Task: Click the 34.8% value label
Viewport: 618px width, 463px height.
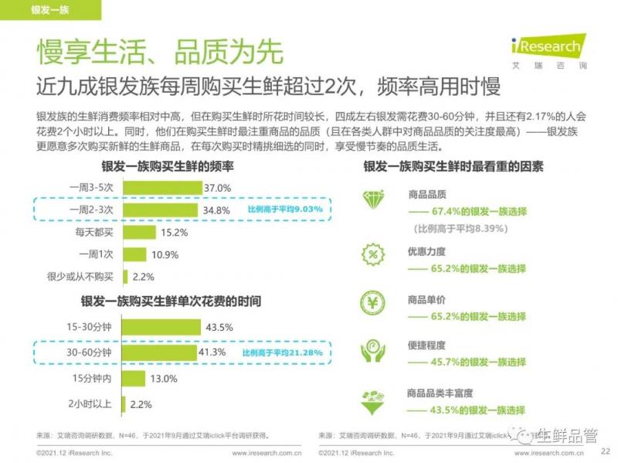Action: click(x=218, y=209)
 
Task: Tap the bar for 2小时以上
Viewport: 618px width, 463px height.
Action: click(x=128, y=403)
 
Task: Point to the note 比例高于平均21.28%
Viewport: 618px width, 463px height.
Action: click(x=282, y=352)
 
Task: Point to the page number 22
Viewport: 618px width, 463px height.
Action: click(x=605, y=452)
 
